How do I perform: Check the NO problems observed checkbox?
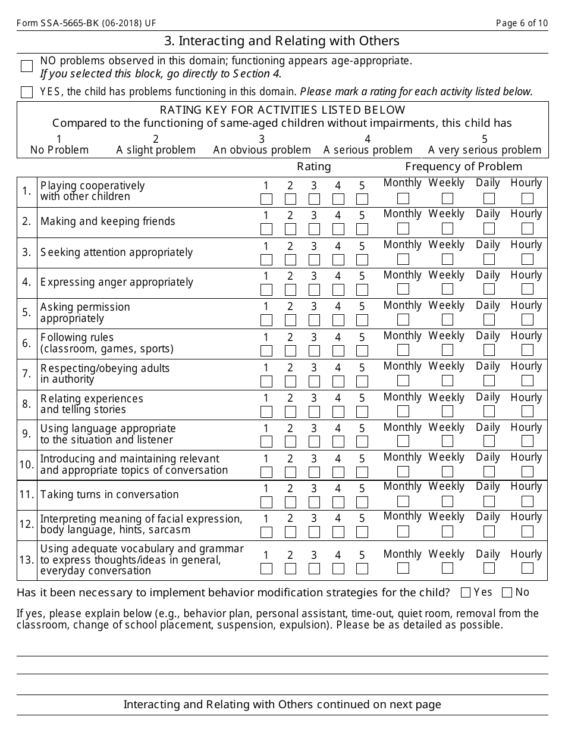click(27, 66)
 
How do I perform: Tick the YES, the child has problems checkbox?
click(27, 92)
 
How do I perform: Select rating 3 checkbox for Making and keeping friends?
click(314, 229)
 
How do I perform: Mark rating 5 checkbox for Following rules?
click(362, 351)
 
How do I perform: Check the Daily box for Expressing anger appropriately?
click(489, 289)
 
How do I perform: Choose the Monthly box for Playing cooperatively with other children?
click(403, 198)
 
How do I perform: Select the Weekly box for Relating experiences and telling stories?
click(447, 411)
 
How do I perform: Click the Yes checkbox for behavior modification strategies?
click(466, 592)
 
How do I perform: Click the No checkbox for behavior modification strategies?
click(507, 592)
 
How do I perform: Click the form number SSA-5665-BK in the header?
click(87, 23)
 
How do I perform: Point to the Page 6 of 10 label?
click(522, 23)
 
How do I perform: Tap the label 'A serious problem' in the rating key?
click(368, 150)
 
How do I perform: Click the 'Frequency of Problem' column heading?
click(463, 167)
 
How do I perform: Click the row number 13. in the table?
click(27, 559)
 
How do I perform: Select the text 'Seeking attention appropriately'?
click(117, 252)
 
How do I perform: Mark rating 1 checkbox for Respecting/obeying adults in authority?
click(266, 381)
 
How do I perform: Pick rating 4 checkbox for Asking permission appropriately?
click(338, 320)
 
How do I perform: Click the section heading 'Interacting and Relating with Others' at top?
click(282, 41)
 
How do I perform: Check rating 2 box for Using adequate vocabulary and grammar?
click(290, 568)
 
